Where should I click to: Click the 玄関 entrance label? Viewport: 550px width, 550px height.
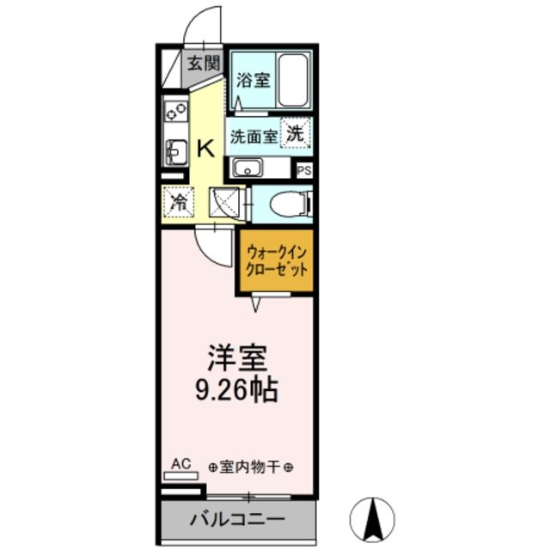(204, 63)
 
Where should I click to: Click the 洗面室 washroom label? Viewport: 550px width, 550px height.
(252, 136)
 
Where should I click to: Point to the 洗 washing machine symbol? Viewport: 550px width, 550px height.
(295, 134)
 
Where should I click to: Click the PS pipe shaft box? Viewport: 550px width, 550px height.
(303, 170)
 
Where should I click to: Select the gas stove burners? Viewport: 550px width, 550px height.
(176, 111)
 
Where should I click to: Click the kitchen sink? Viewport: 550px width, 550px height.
(175, 152)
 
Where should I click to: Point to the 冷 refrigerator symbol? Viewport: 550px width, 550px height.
(179, 204)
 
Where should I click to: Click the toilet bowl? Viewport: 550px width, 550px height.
(286, 204)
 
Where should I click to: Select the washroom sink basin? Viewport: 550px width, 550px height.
(248, 168)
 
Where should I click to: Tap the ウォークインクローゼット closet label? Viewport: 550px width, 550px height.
(277, 260)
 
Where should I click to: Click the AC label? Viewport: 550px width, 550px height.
(180, 464)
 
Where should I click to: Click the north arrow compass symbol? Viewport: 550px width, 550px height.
(375, 517)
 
